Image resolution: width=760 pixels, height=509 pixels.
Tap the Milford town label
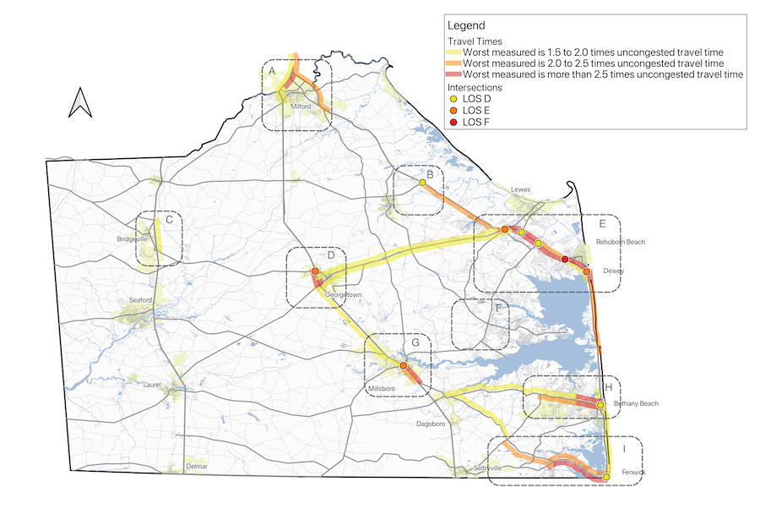click(301, 107)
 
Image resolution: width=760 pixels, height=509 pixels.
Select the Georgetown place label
click(343, 295)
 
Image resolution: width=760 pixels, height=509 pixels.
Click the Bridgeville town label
click(133, 239)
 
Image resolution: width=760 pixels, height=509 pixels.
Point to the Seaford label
click(141, 300)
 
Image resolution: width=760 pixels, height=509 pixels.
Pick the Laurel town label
click(153, 385)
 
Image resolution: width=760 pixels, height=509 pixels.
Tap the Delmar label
click(196, 466)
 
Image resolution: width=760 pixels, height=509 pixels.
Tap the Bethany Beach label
click(636, 403)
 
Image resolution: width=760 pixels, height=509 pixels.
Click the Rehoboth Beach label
click(620, 242)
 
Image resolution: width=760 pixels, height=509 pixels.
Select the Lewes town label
click(521, 189)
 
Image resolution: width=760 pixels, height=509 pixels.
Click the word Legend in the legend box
click(465, 26)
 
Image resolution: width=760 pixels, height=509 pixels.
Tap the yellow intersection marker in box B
click(422, 182)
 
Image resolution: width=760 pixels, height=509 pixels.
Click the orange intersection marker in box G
click(404, 365)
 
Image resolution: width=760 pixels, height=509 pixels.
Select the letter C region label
click(169, 220)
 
